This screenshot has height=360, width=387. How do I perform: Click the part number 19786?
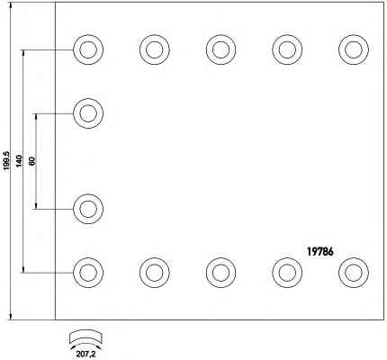[x=319, y=251]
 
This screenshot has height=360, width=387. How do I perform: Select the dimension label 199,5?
[x=7, y=161]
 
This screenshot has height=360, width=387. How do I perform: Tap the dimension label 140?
[x=19, y=161]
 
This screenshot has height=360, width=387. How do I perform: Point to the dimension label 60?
[x=32, y=161]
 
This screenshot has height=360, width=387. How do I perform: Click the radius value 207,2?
[x=85, y=354]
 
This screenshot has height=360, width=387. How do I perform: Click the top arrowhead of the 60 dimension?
[x=36, y=117]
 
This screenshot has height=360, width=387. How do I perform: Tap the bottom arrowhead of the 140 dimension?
[x=23, y=269]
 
